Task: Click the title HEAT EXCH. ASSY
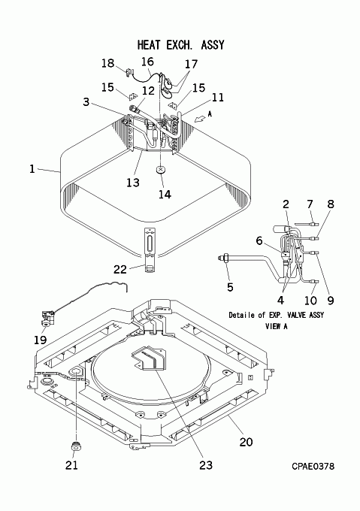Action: (181, 45)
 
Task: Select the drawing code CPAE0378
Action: (313, 467)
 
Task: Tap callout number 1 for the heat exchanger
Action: (32, 169)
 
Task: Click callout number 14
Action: (165, 194)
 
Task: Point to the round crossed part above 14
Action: (161, 170)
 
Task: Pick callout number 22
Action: (120, 269)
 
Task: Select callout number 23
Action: (206, 465)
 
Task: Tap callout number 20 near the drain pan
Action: (246, 442)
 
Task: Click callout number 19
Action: (41, 340)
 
